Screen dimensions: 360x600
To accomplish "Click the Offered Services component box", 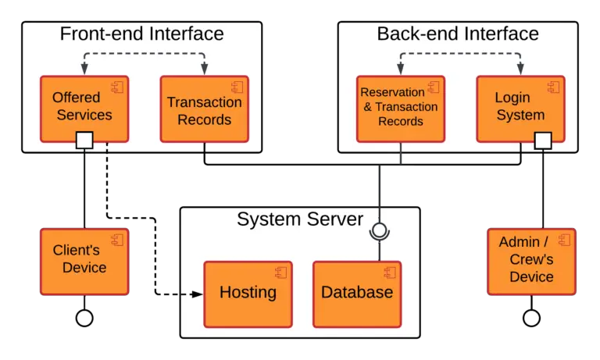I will click(x=84, y=108).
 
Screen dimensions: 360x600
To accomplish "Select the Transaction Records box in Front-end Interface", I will click(x=204, y=109).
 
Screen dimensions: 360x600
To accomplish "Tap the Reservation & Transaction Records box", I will click(x=400, y=108).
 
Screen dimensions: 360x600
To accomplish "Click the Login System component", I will click(x=520, y=108).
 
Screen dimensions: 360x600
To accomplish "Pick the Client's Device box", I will click(x=84, y=261).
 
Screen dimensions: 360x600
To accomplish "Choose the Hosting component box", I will click(x=248, y=294).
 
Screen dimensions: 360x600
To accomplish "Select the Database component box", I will click(x=357, y=294).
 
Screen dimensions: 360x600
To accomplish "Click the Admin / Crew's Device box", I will click(x=531, y=261).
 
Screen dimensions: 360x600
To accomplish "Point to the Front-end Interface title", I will click(x=141, y=34).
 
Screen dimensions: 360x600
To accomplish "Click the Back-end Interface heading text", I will click(x=458, y=34).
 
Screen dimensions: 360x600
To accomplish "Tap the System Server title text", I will click(x=300, y=219).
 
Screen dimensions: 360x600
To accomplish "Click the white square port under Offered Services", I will click(x=84, y=141).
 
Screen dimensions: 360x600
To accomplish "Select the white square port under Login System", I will click(x=542, y=141).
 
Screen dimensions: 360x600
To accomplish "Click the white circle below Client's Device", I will click(x=84, y=318).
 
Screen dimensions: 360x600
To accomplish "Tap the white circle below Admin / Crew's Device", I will click(x=531, y=318).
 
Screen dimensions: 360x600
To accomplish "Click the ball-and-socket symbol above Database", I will click(x=379, y=230).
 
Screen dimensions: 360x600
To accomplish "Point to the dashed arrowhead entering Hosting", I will click(x=198, y=294).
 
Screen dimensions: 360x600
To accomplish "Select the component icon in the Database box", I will click(x=389, y=273).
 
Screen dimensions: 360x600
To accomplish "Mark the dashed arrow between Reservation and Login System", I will click(x=459, y=54).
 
